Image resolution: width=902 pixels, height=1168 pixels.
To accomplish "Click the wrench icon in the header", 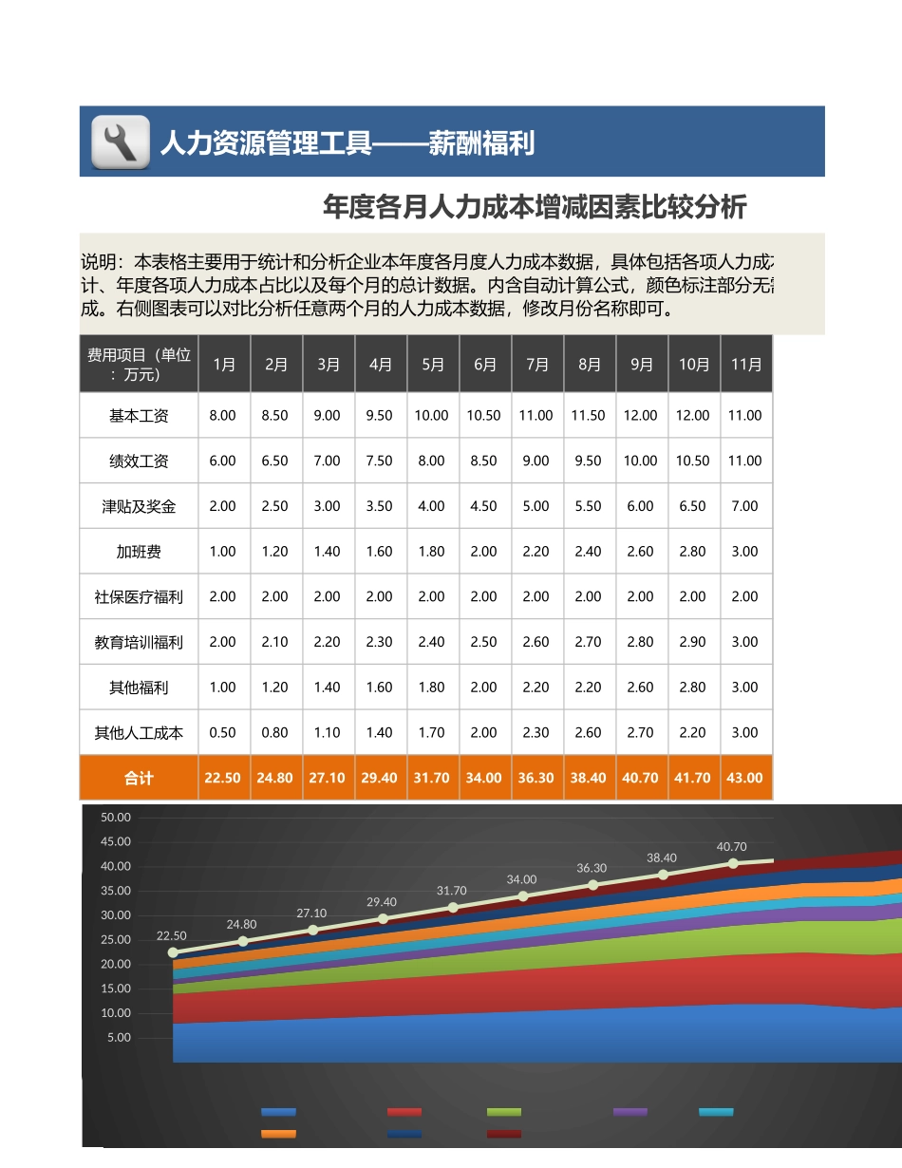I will (x=121, y=142).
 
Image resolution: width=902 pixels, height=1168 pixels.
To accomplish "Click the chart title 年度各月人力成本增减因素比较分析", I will (x=535, y=206).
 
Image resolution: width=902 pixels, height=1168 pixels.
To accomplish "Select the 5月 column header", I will (x=432, y=364).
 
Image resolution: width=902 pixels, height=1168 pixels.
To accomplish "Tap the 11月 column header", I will (x=746, y=364).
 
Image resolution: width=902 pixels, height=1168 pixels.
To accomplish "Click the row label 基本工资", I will (x=139, y=415).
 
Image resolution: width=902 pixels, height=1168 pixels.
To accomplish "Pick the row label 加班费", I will (x=139, y=552).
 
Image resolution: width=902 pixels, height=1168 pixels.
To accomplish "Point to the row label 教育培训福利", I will (x=139, y=642).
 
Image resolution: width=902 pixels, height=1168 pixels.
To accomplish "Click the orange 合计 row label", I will (x=139, y=778).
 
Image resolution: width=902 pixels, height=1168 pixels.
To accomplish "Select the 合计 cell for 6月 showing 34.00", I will (x=483, y=778).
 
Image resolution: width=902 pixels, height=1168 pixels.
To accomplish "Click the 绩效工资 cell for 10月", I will (x=693, y=461).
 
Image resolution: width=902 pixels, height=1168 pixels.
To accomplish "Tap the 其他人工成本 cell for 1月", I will (x=222, y=732).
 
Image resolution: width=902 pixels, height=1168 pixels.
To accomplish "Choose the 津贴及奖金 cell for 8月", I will (x=589, y=506).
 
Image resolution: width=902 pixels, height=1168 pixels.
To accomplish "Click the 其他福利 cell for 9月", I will (x=641, y=687).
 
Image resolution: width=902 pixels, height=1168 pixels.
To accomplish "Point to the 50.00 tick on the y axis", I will (x=116, y=818).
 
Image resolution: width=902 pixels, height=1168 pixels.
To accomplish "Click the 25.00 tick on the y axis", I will (x=116, y=940).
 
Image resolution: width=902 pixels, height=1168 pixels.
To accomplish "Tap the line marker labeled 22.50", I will (x=173, y=952).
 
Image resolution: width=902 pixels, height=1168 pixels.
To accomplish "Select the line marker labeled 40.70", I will (x=733, y=863).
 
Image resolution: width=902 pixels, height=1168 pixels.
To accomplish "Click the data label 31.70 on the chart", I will (x=452, y=891).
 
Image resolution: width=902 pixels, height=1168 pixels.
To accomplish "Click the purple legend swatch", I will (x=630, y=1112).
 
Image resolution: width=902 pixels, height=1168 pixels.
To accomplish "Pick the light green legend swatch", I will (x=504, y=1112).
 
